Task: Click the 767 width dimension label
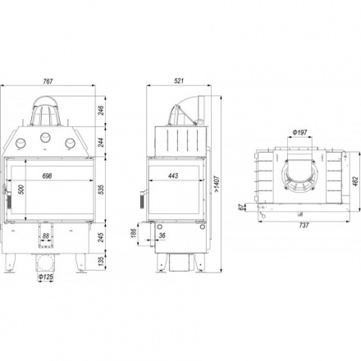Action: click(48, 81)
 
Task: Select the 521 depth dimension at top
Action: click(179, 81)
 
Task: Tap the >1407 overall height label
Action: click(217, 184)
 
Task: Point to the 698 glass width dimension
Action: click(47, 176)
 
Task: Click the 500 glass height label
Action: click(22, 190)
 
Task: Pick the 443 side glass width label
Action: click(173, 176)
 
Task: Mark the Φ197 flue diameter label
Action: click(299, 133)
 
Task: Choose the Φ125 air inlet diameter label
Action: click(45, 276)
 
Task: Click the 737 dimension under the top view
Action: click(304, 225)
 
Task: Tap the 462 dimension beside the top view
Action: click(355, 181)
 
